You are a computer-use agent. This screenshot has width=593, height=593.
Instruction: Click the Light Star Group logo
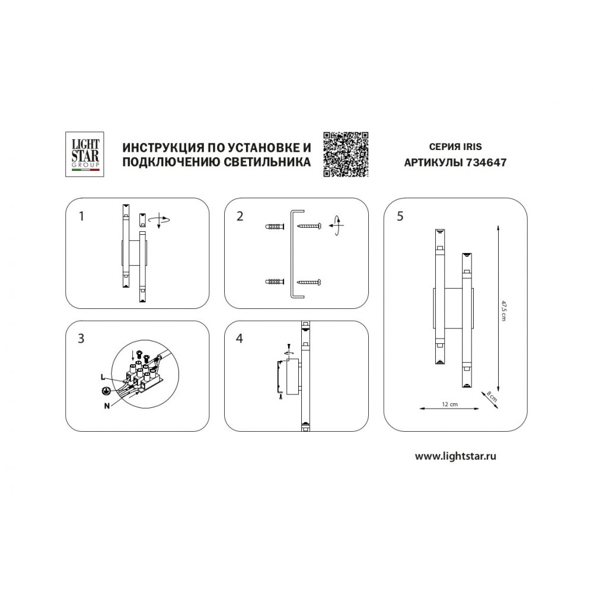(85, 154)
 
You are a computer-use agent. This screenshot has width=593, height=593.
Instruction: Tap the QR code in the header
(346, 154)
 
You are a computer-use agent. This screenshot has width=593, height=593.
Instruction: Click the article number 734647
(486, 162)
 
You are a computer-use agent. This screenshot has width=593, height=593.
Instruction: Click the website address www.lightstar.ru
(455, 456)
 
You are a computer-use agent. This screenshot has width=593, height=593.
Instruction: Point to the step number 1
(81, 216)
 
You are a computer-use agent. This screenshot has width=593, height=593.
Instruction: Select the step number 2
(240, 216)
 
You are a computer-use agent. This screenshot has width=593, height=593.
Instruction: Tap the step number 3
(81, 338)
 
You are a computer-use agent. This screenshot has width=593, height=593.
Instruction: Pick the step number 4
(240, 338)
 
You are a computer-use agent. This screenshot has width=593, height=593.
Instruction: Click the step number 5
(400, 216)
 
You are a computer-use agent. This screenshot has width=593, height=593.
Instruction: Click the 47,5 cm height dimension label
(503, 311)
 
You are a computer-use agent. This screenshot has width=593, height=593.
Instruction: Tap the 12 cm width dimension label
(449, 404)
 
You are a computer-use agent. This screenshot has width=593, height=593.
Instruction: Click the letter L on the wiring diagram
(103, 377)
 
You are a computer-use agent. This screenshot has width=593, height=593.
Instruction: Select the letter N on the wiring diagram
(107, 406)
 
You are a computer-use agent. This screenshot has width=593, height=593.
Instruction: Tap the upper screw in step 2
(310, 226)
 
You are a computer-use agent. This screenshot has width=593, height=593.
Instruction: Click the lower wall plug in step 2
(275, 282)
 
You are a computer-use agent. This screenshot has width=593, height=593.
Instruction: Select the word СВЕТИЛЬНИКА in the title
(267, 162)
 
